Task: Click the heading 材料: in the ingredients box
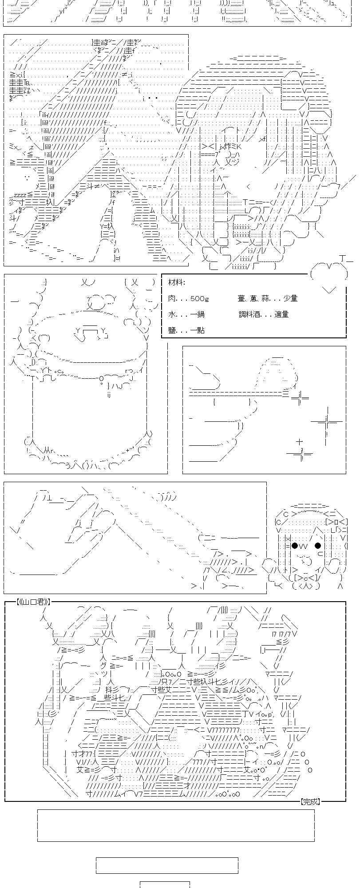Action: (x=177, y=282)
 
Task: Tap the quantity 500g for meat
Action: (x=199, y=299)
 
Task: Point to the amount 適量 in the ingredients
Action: (x=281, y=314)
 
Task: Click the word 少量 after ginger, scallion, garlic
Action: (x=290, y=298)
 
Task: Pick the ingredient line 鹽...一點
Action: (x=186, y=330)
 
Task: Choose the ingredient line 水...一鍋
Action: (x=186, y=314)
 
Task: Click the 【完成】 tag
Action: (x=310, y=801)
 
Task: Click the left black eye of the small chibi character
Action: (x=294, y=546)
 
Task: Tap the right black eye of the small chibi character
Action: (x=318, y=546)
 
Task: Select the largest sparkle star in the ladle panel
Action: (x=326, y=421)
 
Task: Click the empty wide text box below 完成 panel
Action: (x=176, y=825)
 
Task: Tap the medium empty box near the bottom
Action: (x=167, y=865)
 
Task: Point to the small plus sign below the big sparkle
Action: (x=300, y=442)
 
